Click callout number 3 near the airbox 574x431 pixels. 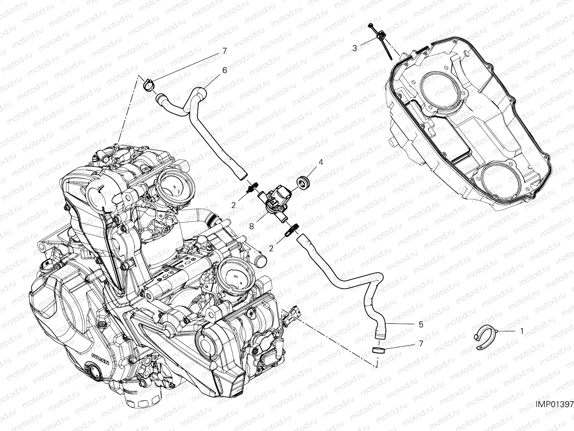click(x=354, y=48)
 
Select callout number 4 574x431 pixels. click(x=321, y=162)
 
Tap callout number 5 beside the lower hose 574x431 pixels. click(x=421, y=324)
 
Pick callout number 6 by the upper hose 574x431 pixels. click(x=224, y=70)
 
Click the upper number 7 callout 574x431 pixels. click(x=225, y=51)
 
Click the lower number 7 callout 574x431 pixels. click(x=421, y=344)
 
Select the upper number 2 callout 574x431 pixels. click(x=233, y=205)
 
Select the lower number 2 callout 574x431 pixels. click(x=272, y=248)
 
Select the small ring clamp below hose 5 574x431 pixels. click(x=377, y=350)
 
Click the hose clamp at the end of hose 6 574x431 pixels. click(x=148, y=85)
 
